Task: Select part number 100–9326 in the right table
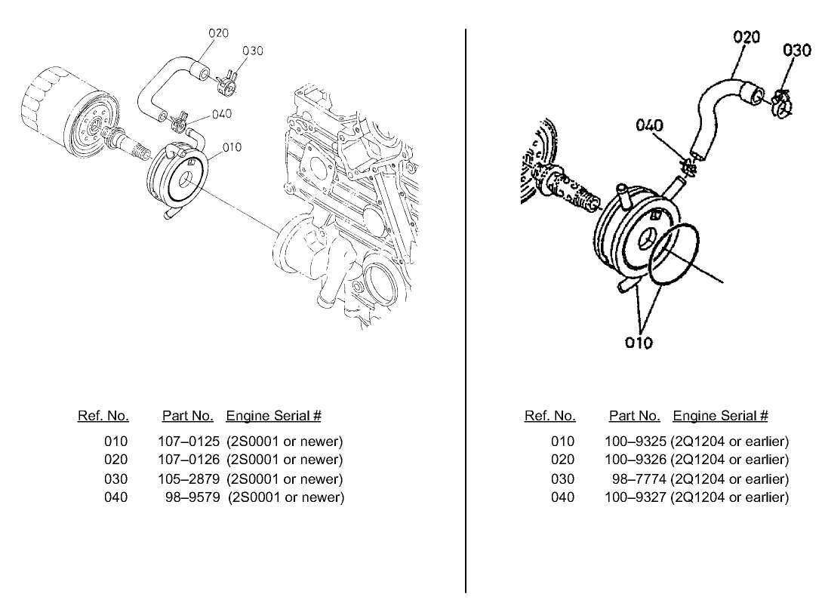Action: [636, 460]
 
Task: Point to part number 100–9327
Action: [636, 497]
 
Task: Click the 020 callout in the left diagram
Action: [218, 33]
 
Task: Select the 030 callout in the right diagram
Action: [797, 51]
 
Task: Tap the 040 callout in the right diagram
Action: [649, 125]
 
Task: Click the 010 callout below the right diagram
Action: [639, 342]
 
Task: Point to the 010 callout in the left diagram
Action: [232, 146]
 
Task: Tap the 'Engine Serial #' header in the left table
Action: [274, 416]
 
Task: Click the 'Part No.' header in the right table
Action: [634, 416]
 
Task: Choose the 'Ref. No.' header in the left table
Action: [103, 416]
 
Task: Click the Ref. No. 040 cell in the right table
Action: [562, 497]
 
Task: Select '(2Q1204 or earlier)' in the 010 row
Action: [729, 441]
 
